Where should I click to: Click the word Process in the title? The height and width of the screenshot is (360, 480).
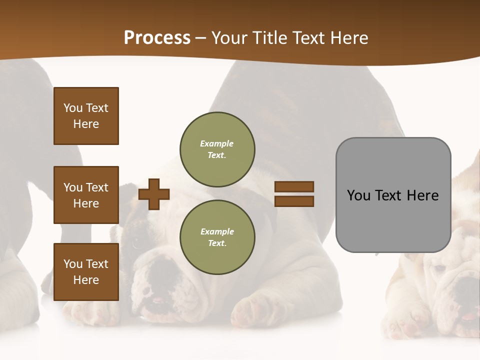point(157,38)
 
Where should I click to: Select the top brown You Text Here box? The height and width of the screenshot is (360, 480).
point(86,116)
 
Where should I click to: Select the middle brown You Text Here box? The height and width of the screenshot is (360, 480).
point(86,195)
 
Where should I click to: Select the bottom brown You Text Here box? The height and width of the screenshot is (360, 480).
point(86,272)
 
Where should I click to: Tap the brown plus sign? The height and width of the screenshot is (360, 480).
point(154,194)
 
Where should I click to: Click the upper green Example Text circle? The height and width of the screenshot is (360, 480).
point(217,149)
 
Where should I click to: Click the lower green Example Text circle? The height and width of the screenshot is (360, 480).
point(217,237)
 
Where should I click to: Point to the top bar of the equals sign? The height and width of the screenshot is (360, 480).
point(294,186)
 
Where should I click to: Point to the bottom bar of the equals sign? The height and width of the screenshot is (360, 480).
point(294,201)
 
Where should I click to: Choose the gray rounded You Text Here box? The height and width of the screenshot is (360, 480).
point(393,195)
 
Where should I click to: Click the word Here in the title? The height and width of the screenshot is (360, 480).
point(347,38)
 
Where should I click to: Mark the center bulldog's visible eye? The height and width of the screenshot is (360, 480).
point(135,243)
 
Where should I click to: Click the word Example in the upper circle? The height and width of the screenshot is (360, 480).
point(217,143)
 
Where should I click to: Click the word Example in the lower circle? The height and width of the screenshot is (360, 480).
point(217,231)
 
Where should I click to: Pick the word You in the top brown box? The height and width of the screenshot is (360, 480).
point(72,108)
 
